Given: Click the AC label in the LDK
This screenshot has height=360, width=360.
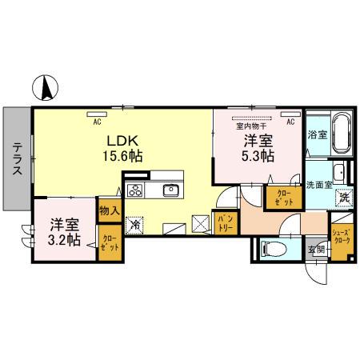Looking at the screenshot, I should point(96,122).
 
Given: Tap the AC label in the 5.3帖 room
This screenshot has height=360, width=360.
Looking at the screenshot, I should point(290,122).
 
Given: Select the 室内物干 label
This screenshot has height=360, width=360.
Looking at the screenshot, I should point(250,124).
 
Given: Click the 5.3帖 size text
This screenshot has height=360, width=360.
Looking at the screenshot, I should point(260,155).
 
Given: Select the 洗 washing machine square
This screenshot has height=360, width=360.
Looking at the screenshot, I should point(343,197).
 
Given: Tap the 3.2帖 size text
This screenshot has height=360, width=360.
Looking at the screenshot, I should point(61,239).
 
